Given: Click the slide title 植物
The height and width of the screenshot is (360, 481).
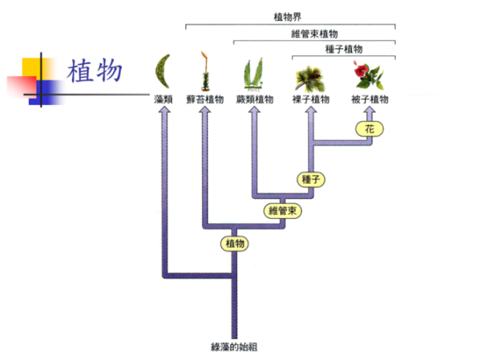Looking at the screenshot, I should click(x=95, y=71).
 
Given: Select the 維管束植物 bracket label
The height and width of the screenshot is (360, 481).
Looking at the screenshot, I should click(x=315, y=34).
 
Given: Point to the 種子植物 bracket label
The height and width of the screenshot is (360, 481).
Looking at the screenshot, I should click(x=343, y=49).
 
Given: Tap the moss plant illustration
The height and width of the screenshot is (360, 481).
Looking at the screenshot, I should click(x=205, y=71).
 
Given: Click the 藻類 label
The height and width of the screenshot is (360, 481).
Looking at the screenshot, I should click(x=164, y=99).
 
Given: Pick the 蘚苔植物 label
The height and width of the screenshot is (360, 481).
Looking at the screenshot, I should click(x=205, y=99).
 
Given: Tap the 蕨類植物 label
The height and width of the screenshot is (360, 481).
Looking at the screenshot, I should click(x=256, y=99).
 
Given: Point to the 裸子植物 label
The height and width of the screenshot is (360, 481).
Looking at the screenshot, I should click(x=310, y=99).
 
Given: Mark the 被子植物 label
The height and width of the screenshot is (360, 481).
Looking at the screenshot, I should click(x=370, y=99).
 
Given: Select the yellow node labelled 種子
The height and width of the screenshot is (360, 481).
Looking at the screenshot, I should click(x=309, y=179).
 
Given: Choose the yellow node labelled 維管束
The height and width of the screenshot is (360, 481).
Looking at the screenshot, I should click(x=282, y=211).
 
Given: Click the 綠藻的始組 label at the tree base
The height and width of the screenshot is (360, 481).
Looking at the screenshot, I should click(x=233, y=346).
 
